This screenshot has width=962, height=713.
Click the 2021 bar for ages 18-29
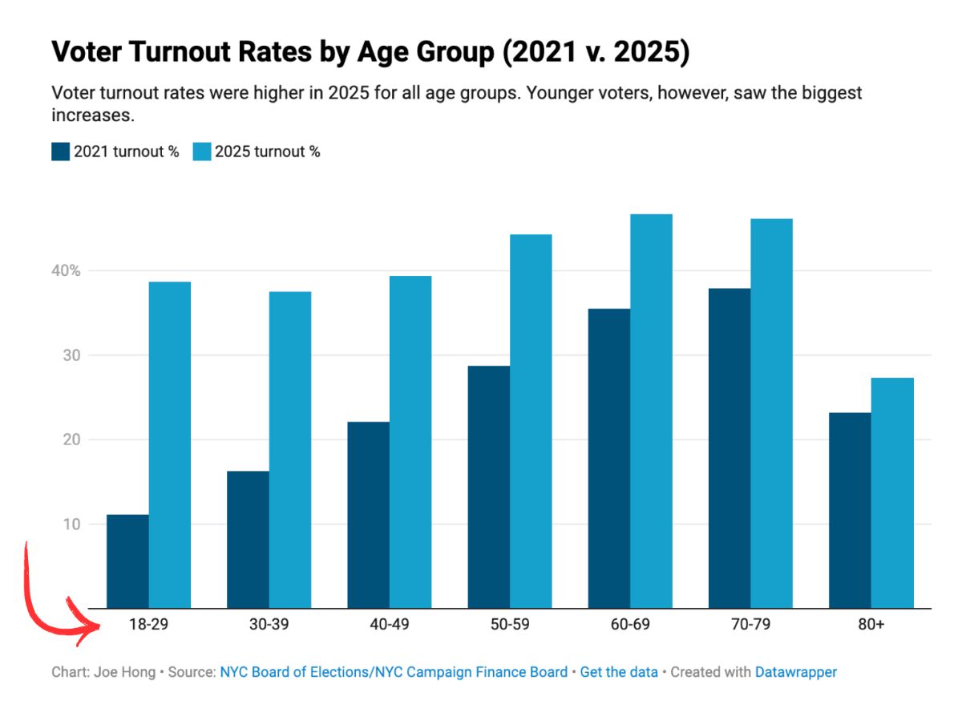pos(127,561)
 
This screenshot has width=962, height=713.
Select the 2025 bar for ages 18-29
pos(170,445)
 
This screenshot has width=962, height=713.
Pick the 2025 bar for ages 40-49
pos(410,442)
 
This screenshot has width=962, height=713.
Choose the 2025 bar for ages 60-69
pos(651,411)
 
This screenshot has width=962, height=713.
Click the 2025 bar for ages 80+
pos(892,493)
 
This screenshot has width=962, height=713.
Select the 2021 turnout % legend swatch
pos(61,152)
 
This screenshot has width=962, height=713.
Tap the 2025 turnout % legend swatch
pos(202,152)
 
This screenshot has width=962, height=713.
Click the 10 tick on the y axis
pos(72,525)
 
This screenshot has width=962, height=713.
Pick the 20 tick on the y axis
pos(72,440)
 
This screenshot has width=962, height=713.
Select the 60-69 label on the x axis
pos(629,625)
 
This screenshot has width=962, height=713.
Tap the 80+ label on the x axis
pos(871,625)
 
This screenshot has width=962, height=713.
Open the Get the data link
pos(619,672)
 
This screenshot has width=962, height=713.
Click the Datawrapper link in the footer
pos(795,672)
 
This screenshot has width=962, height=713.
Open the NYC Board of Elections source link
pos(394,672)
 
